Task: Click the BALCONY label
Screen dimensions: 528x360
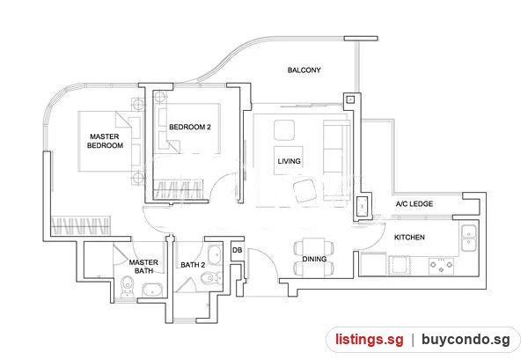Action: coord(304,70)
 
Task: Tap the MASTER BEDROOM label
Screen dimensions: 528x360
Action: coord(105,141)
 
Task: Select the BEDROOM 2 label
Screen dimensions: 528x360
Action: coord(190,127)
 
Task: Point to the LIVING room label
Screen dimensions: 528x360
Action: coord(289,161)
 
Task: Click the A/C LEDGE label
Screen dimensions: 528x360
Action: coord(414,203)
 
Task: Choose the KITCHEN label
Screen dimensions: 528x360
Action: coord(409,237)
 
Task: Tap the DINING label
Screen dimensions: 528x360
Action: coord(314,259)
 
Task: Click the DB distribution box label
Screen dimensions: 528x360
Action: coord(237,250)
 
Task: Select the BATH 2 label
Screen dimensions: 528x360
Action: coord(193,265)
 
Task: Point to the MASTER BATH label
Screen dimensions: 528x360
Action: coord(143,267)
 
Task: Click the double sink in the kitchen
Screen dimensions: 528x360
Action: coord(468,238)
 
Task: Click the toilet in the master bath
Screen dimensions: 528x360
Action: coord(127,287)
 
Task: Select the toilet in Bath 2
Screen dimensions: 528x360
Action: coord(211,278)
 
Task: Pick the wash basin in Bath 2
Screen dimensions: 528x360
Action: coord(214,255)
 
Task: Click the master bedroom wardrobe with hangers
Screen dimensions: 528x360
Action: coord(81,225)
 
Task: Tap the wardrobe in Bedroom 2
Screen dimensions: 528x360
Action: coord(179,190)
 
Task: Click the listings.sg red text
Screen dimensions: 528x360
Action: coord(369,339)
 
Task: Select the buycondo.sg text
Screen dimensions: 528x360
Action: coord(466,340)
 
